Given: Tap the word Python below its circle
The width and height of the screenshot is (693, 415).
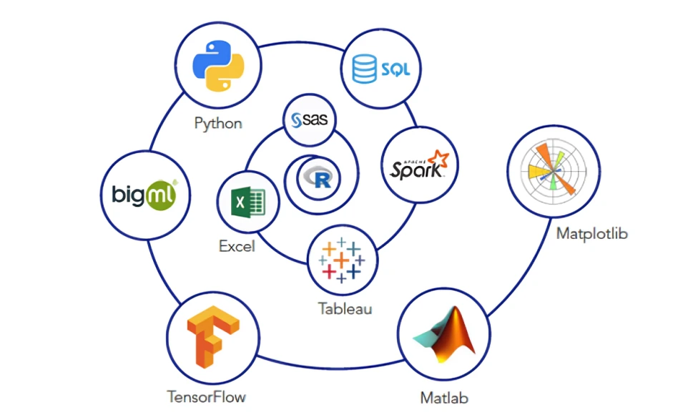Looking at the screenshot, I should (x=218, y=122).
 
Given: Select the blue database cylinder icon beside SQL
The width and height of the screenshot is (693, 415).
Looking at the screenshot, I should (x=364, y=70).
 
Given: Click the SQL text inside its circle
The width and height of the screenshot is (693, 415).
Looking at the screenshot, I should (x=395, y=70).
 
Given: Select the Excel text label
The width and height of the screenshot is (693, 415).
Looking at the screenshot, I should (x=237, y=247).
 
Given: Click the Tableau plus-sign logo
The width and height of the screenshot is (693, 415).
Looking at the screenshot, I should (x=343, y=259).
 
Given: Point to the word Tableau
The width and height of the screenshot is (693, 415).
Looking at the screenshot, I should (x=345, y=309).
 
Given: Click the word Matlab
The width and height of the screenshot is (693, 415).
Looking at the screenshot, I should (x=445, y=396).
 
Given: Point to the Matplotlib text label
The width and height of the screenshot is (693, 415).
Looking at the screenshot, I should (x=591, y=233).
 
